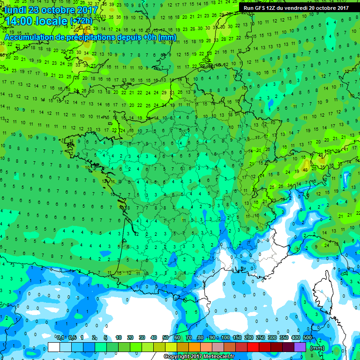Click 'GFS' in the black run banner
point(259,7)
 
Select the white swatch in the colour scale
point(54,347)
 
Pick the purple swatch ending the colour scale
point(300,347)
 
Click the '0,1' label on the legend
point(60,338)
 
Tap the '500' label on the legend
point(307,338)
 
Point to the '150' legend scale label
point(237,338)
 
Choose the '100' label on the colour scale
point(225,338)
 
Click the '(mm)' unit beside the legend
point(317,348)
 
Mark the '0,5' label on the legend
point(72,338)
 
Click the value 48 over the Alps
point(305,170)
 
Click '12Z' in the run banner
point(271,7)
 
